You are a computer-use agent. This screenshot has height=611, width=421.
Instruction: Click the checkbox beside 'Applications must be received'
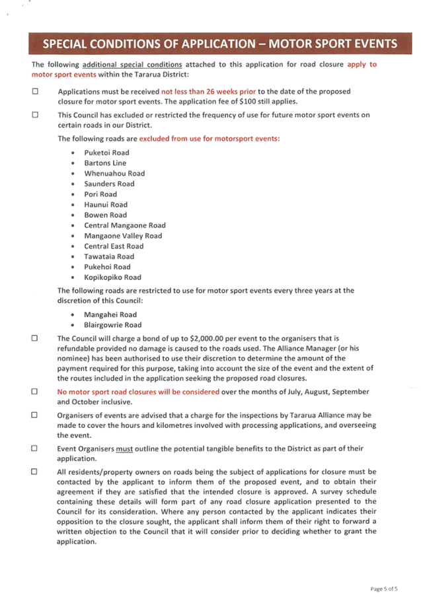pos(35,91)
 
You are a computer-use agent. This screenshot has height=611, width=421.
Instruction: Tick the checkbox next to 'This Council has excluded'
pos(35,114)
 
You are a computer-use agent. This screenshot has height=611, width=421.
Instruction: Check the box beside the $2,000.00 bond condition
pos(34,338)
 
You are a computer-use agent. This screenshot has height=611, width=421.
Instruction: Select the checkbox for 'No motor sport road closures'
pos(34,391)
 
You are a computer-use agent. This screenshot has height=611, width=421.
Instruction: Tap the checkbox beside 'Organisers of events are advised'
pos(34,415)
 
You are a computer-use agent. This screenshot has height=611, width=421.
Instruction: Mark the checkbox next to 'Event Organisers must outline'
pos(34,448)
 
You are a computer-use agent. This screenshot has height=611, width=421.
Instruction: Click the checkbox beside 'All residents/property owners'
pos(34,472)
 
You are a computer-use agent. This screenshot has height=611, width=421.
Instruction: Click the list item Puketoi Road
pos(106,153)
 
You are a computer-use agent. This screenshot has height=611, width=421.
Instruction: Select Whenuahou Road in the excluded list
pos(114,174)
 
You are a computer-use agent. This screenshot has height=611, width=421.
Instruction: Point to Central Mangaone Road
pos(125,225)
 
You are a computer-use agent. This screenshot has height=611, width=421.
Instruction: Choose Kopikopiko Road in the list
pos(112,277)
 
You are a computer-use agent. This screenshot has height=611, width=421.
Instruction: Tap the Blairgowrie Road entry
pos(112,325)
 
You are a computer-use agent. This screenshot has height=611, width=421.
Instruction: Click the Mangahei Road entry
pos(110,314)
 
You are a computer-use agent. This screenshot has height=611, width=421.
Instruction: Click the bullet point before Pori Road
pos(73,194)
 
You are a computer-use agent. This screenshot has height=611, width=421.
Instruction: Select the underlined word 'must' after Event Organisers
pos(124,449)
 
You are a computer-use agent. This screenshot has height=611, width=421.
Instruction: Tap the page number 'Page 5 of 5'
pos(384,589)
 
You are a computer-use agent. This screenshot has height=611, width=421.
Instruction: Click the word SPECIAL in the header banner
pos(64,44)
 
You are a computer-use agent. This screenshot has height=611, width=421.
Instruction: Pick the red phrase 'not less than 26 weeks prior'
pos(209,92)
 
